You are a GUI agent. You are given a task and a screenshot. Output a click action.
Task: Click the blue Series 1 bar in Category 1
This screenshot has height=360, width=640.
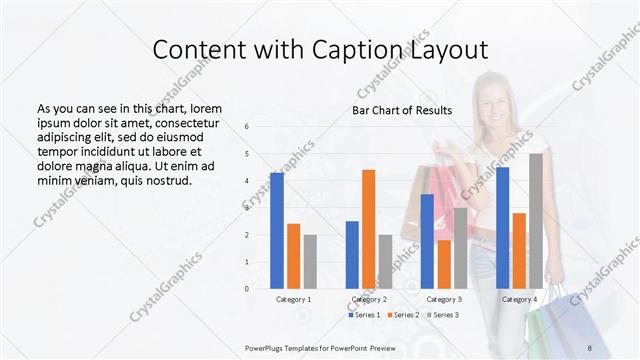pos(277,230)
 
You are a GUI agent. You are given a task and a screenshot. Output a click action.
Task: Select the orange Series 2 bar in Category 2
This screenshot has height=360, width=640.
pos(368,229)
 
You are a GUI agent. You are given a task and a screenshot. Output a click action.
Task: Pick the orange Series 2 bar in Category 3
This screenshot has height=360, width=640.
pos(443,264)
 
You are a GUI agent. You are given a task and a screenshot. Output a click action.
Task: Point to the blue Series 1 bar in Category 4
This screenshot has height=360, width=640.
pos(502,227)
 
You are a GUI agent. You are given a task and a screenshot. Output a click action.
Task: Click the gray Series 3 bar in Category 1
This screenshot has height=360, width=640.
pos(310,261)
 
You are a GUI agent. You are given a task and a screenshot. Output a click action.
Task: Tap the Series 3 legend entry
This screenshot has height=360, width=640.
pos(443,315)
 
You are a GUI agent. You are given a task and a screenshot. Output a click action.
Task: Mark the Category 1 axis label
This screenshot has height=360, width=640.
pos(293,299)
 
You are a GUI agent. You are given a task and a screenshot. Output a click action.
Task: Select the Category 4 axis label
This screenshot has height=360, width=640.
pos(519,299)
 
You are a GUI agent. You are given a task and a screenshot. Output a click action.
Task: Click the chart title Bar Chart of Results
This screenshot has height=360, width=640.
pos(402,110)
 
